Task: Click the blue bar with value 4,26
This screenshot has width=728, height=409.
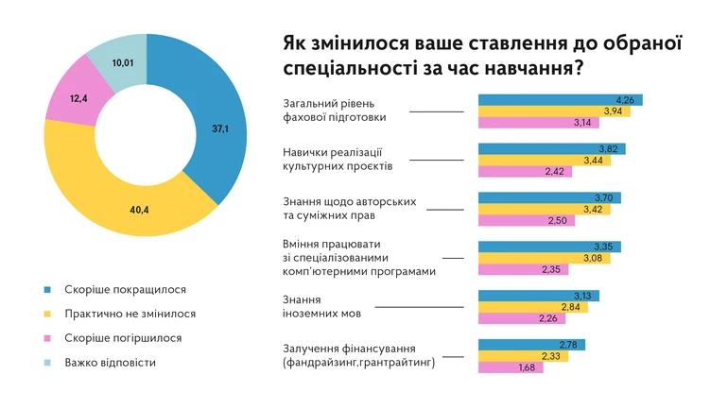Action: [x=560, y=100]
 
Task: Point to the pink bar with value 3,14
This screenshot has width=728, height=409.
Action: [x=534, y=123]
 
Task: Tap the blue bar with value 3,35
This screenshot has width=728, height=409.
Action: [x=548, y=247]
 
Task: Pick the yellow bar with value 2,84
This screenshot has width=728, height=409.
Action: [x=532, y=307]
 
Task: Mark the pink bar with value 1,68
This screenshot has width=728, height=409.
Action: [x=511, y=367]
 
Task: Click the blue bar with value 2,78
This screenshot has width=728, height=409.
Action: [x=532, y=344]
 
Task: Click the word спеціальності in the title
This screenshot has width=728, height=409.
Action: [x=350, y=69]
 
